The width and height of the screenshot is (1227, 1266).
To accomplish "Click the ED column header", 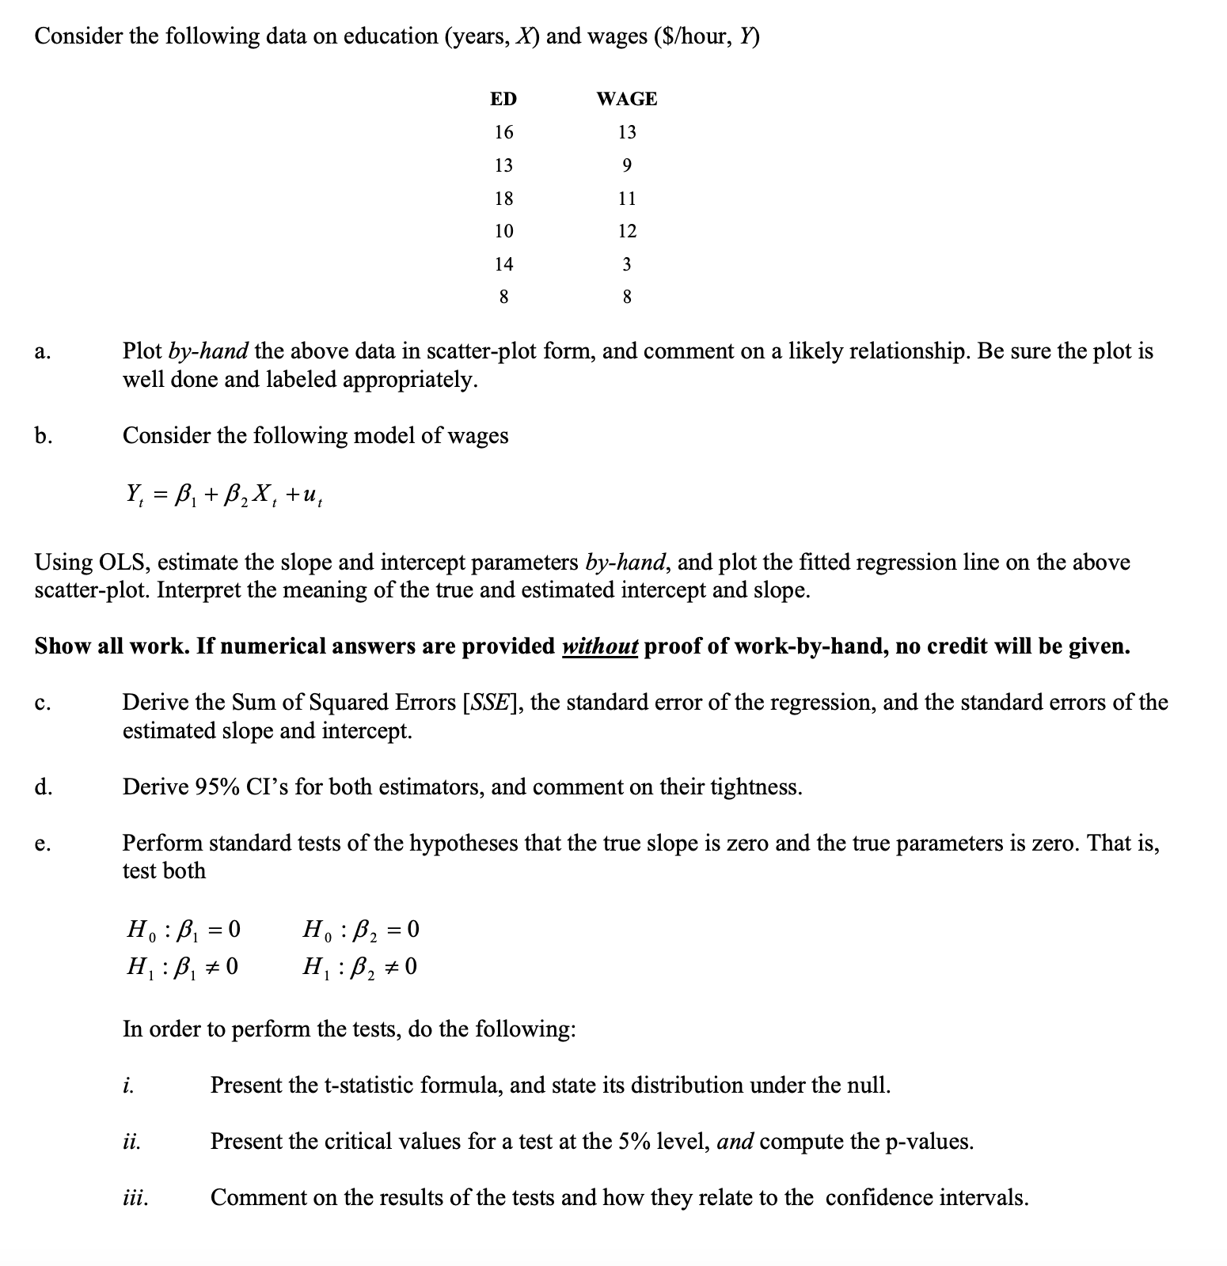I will coord(503,99).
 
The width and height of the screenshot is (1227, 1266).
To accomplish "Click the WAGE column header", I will coord(626,99).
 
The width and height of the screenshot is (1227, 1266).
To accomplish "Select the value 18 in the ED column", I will coord(503,198).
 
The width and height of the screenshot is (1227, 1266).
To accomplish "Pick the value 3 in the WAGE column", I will coord(626,264).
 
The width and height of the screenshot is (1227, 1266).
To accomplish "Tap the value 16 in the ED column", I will coord(503,132).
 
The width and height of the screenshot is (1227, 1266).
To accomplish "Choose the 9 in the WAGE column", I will coord(626,165).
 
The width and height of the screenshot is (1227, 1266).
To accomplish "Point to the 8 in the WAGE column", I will coord(626,298).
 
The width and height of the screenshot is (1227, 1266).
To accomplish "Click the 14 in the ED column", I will coord(503,264).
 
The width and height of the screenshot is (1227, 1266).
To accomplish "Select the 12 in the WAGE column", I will coord(626,231).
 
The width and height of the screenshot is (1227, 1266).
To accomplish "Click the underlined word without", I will coord(599,646).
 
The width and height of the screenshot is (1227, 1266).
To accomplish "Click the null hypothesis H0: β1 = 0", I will coord(183,929).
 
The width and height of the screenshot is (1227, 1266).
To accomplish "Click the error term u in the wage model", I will coord(310,496).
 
